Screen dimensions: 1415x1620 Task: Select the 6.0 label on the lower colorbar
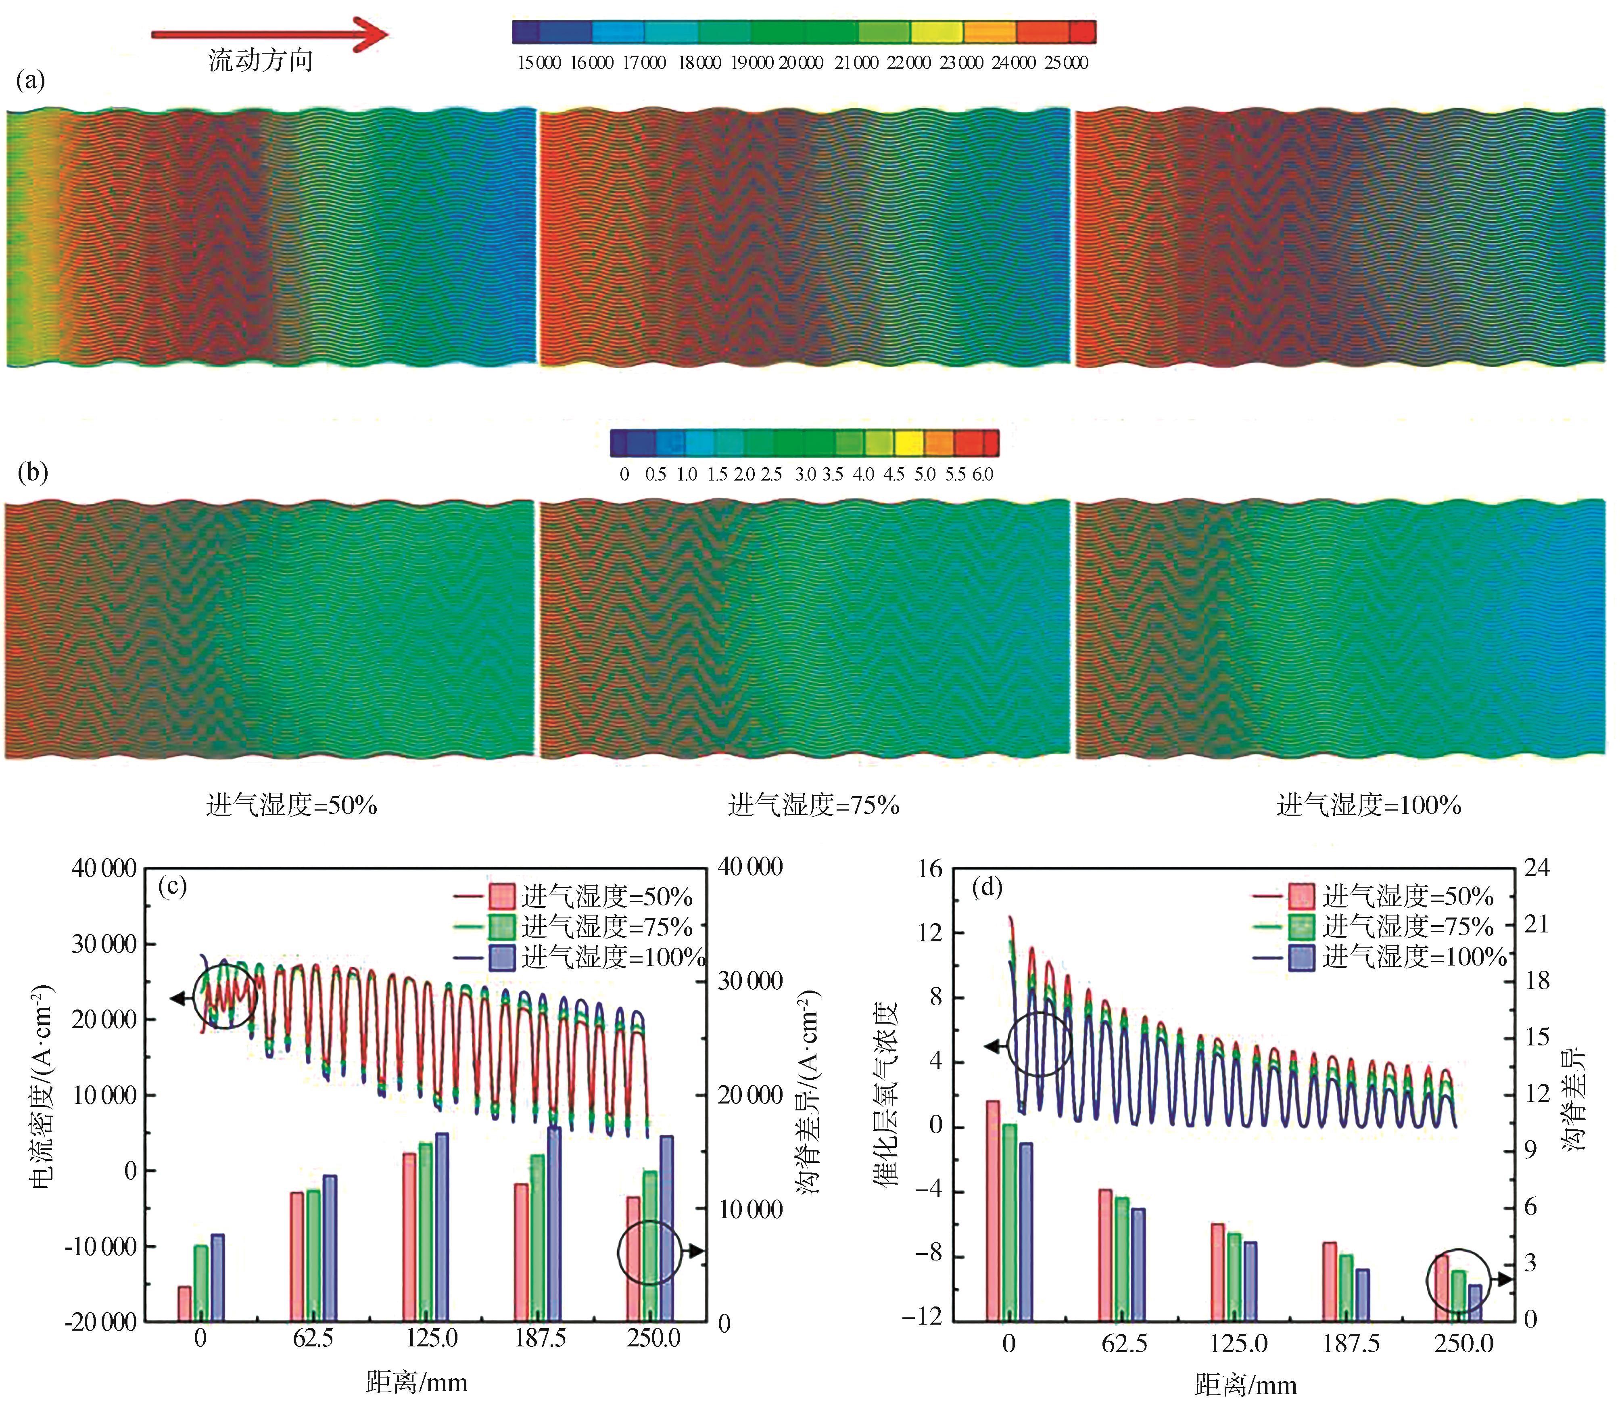click(x=983, y=474)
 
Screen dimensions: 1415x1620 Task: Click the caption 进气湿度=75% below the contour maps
click(x=813, y=805)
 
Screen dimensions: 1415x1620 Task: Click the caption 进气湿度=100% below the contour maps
click(x=1369, y=805)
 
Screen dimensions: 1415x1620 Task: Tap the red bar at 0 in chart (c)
click(x=185, y=1304)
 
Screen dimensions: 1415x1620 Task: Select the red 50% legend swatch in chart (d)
click(x=1301, y=896)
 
